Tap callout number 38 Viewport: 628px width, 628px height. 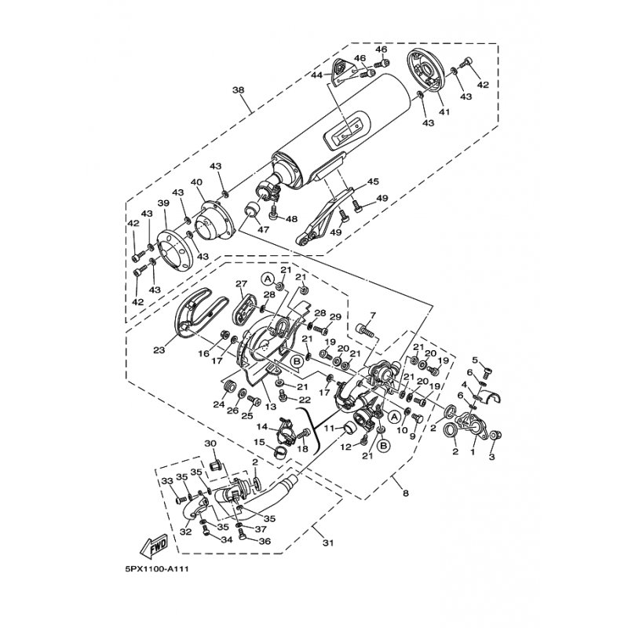[x=238, y=89]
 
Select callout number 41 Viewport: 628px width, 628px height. [x=444, y=111]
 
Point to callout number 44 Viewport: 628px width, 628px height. [x=318, y=75]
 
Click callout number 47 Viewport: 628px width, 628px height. [x=265, y=229]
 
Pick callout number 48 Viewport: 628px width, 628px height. [x=291, y=219]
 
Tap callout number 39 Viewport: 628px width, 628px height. [x=164, y=203]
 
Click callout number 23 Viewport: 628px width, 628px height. [x=159, y=350]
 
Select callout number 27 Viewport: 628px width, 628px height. [x=241, y=283]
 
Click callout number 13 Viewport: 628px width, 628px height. [x=271, y=407]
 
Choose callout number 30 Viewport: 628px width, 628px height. [x=210, y=444]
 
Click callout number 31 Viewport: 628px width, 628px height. [x=327, y=543]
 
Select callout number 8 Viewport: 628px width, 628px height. [x=406, y=494]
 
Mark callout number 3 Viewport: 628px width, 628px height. [x=492, y=457]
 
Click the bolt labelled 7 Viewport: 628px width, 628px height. [x=364, y=330]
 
